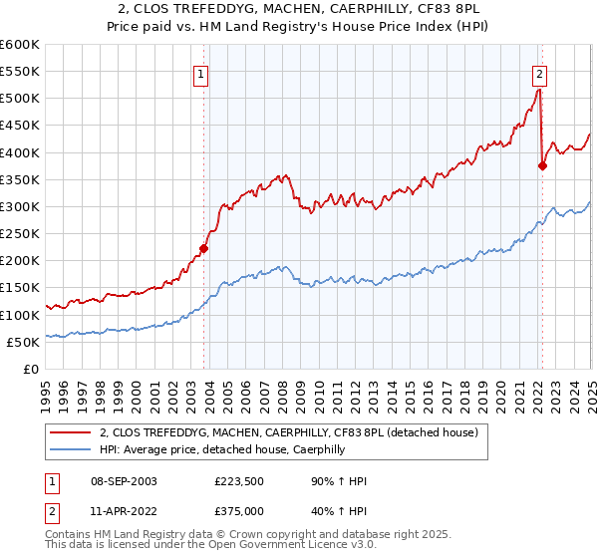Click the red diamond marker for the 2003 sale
point(203,248)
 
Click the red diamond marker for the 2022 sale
point(542,166)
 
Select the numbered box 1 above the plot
point(201,73)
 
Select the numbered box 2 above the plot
point(539,73)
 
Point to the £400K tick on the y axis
point(19,152)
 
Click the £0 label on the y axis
point(30,369)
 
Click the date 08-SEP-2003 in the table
point(122,481)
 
